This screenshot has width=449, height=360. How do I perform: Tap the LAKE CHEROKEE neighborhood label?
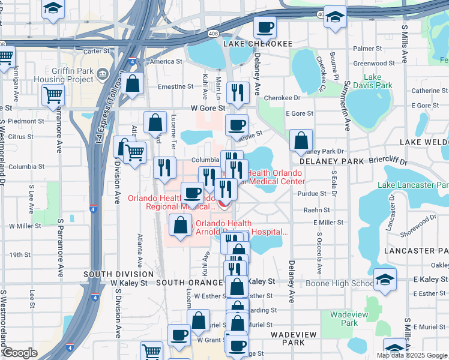click(x=258, y=44)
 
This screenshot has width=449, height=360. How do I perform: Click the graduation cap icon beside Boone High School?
click(x=385, y=279)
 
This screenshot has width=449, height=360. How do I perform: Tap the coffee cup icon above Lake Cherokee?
click(x=265, y=26)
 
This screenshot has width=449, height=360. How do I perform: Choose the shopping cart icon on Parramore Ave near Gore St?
click(x=53, y=95)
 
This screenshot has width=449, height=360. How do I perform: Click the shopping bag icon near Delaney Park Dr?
click(x=301, y=140)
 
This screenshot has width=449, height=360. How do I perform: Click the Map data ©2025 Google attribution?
click(x=412, y=355)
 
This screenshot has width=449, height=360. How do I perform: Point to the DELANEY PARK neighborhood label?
click(x=328, y=161)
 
